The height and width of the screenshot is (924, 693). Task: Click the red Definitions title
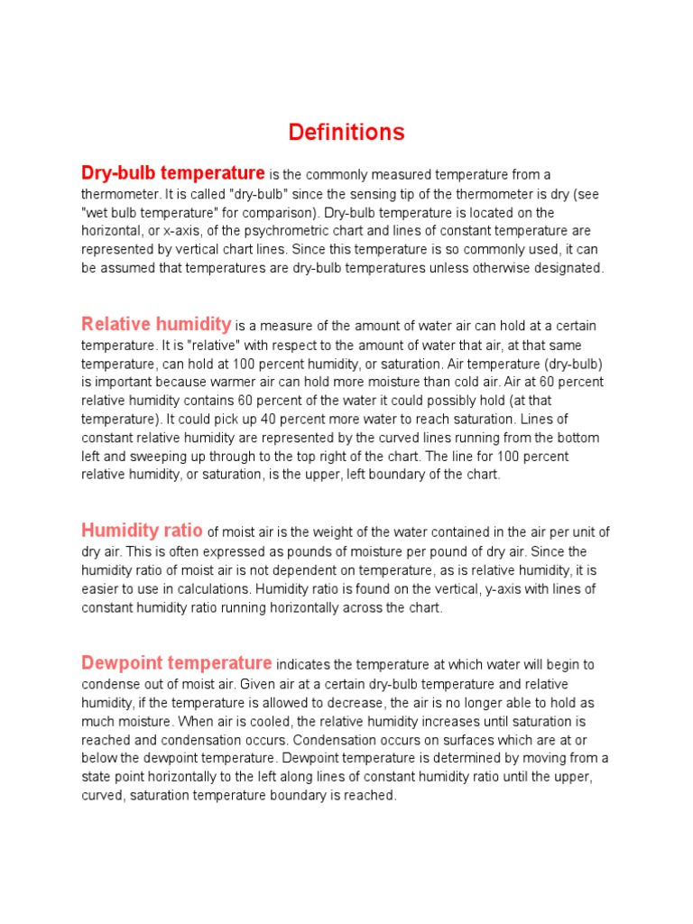tap(346, 133)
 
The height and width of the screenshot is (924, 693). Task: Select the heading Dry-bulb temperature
tap(173, 172)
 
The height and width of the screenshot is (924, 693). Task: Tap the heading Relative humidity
tap(156, 324)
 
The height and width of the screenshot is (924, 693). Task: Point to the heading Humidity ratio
tap(142, 530)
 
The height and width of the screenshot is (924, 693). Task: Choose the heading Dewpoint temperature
tap(177, 662)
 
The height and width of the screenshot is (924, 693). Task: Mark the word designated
tap(568, 269)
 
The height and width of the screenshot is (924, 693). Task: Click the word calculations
tap(207, 589)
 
